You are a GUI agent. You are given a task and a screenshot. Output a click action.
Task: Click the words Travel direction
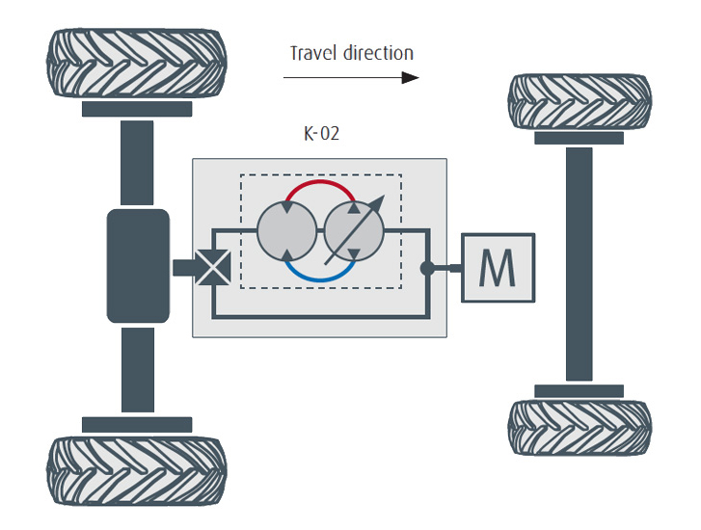point(352,53)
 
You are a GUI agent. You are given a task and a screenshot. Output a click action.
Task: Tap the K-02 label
point(321,134)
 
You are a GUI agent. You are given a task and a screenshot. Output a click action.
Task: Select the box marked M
point(498,268)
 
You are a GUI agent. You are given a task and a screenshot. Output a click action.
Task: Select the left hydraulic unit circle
point(286,232)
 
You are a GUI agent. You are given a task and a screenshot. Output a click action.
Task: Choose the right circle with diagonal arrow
point(353,232)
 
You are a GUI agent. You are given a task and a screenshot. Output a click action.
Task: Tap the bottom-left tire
point(136,471)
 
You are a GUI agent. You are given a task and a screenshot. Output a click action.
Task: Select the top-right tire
point(580,100)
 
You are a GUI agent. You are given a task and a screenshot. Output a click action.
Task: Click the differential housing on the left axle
point(138,265)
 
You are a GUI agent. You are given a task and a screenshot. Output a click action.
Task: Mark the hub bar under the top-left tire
point(136,109)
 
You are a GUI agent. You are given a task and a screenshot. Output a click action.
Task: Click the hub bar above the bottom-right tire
point(579,391)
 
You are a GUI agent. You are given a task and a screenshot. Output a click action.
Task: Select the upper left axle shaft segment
point(137,163)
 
